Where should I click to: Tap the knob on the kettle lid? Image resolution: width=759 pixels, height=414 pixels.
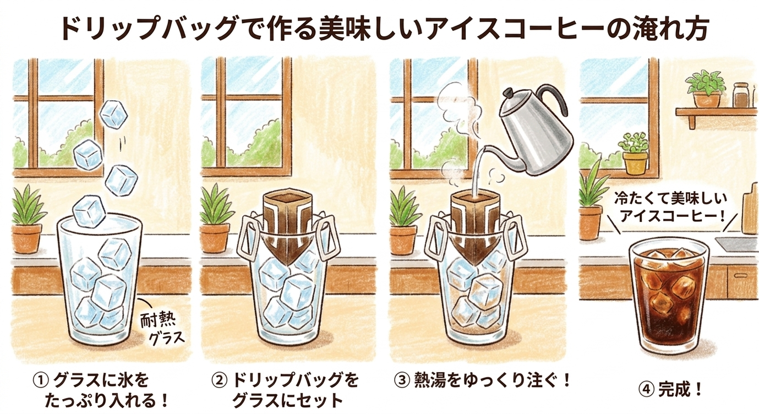pyautogui.click(x=509, y=92)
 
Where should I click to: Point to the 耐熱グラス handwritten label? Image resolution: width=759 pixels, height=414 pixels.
pyautogui.click(x=162, y=328)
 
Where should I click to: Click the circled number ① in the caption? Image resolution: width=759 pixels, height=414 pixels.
pyautogui.click(x=41, y=380)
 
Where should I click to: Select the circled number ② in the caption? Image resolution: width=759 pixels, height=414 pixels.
pyautogui.click(x=219, y=380)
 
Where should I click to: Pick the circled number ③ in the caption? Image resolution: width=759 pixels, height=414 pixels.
pyautogui.click(x=402, y=380)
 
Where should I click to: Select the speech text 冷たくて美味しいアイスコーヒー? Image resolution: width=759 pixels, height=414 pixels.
pyautogui.click(x=670, y=208)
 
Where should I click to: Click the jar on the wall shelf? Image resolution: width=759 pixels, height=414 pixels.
pyautogui.click(x=740, y=95)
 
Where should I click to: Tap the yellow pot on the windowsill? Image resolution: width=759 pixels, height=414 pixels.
pyautogui.click(x=635, y=164)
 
